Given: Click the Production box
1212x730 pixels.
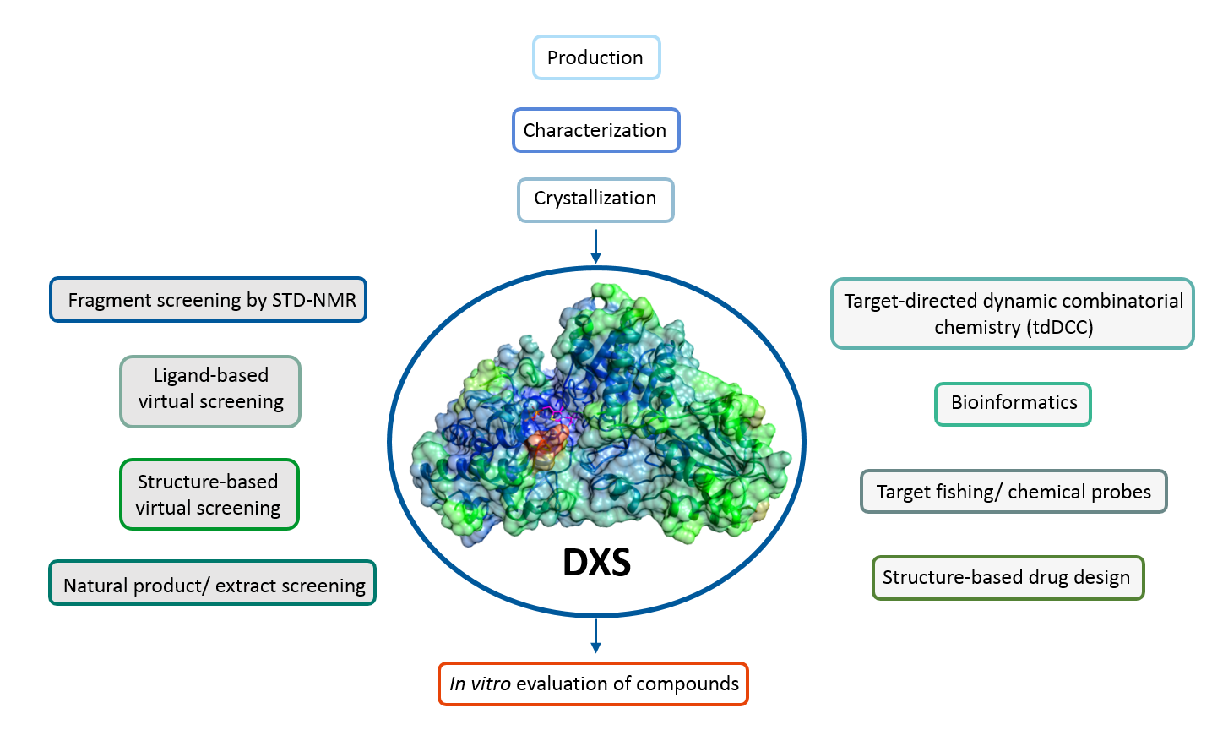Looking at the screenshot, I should (x=595, y=57).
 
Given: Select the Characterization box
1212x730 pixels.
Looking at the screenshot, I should (x=595, y=130).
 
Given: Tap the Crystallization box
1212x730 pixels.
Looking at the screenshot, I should (x=595, y=199).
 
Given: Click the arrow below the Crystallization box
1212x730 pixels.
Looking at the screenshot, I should (x=595, y=246).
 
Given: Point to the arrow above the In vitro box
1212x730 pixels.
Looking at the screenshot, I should (x=595, y=635).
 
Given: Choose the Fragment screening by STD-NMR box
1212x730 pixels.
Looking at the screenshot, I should (x=209, y=300).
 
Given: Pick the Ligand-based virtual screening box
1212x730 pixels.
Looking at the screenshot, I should (x=210, y=391).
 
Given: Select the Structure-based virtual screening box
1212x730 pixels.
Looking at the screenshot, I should (x=209, y=494).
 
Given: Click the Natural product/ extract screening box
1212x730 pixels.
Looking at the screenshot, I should (x=212, y=583).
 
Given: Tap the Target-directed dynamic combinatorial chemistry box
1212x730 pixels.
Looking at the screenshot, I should (x=1013, y=313).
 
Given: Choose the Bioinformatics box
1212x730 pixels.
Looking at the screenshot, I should (x=1014, y=403).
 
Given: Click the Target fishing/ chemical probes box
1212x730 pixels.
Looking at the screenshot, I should (x=1014, y=492).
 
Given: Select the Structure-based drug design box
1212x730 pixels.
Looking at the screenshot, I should (x=1007, y=578).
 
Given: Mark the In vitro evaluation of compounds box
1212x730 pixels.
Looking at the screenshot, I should (x=594, y=684).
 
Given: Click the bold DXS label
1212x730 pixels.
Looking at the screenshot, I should (x=596, y=563).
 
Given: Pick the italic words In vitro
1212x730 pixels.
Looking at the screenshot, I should (x=480, y=684).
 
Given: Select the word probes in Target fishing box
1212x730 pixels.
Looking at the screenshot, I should (x=1120, y=493).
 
